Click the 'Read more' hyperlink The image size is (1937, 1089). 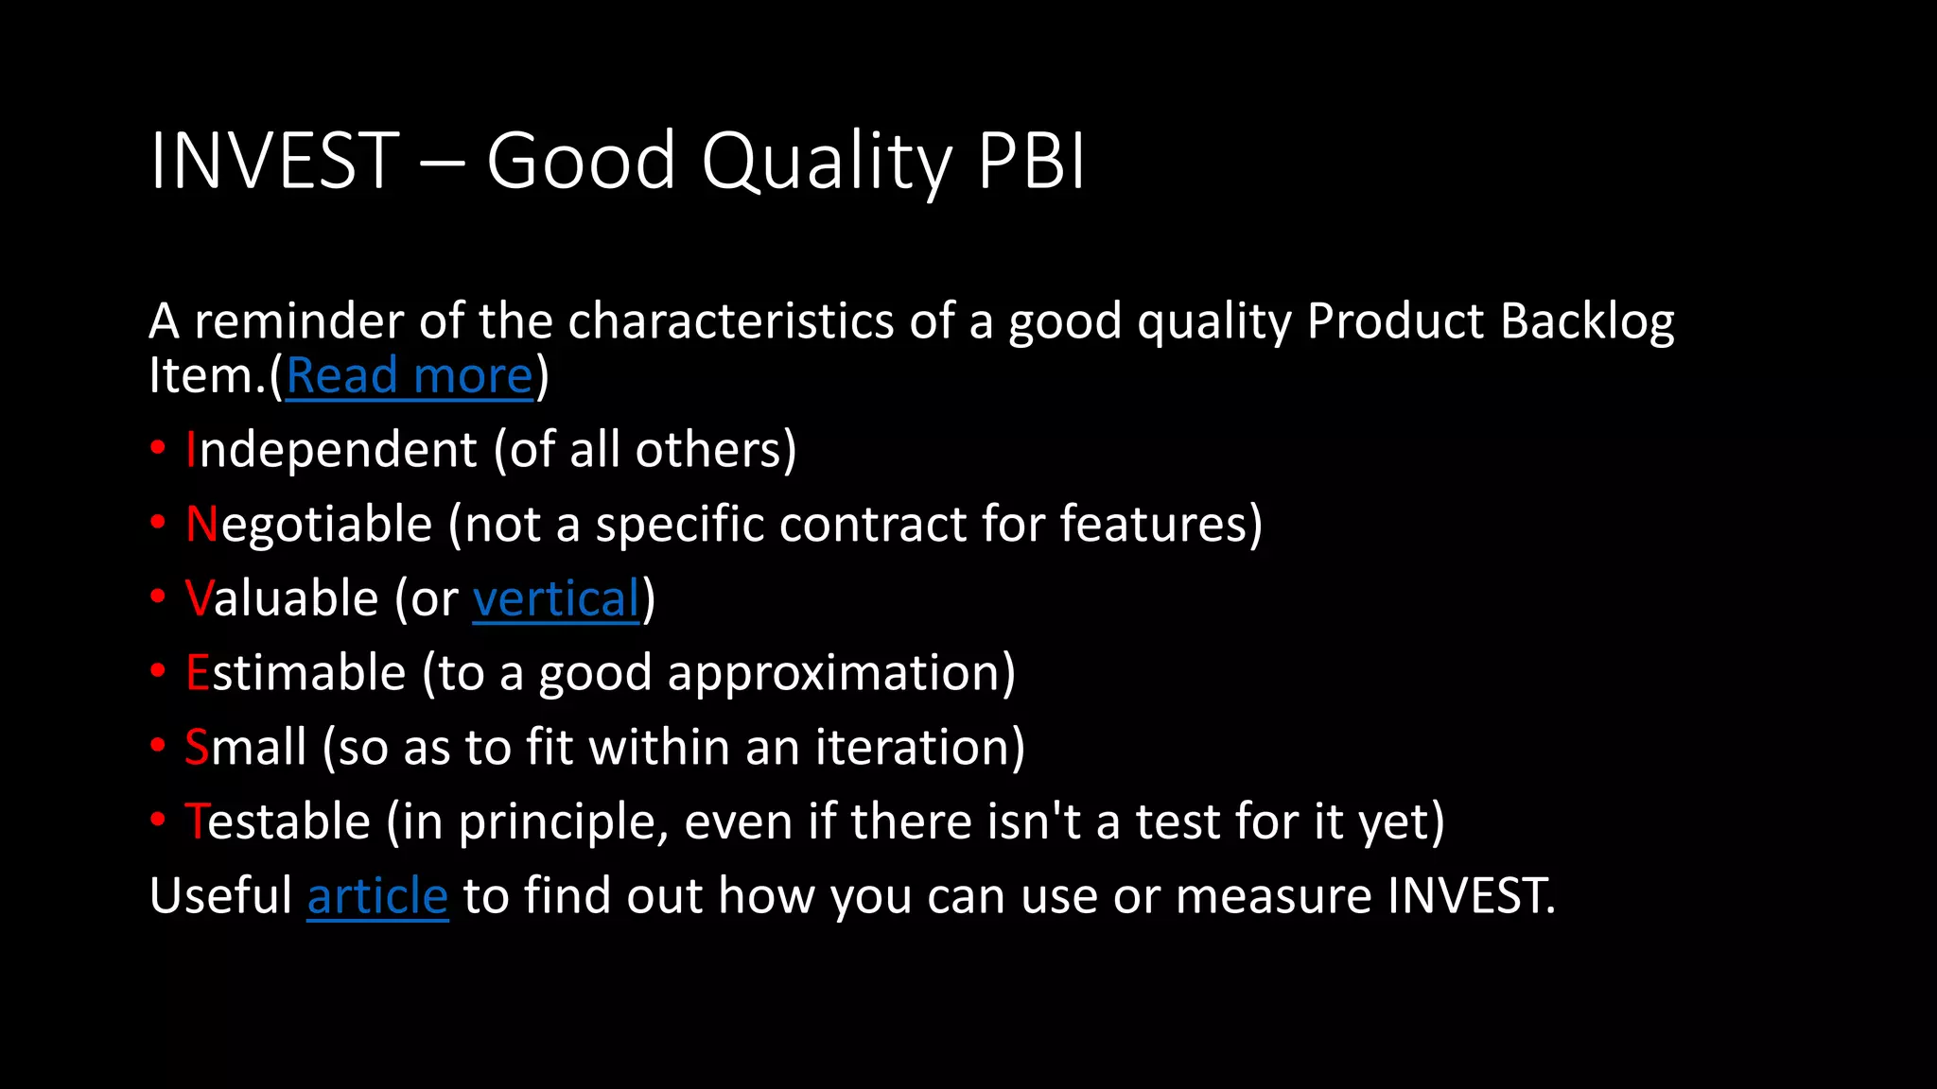click(x=410, y=376)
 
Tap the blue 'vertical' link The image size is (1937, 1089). click(x=556, y=599)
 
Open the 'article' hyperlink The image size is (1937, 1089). click(x=377, y=896)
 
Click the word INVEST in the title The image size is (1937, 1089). click(x=274, y=161)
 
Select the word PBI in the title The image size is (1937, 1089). click(x=1031, y=161)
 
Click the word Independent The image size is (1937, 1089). click(x=331, y=450)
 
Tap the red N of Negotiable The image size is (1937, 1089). click(x=201, y=525)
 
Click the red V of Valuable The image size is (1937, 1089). click(x=199, y=599)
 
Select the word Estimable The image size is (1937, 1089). click(x=295, y=673)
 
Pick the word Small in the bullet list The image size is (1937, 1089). click(x=246, y=748)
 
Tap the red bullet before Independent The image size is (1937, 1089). click(x=158, y=447)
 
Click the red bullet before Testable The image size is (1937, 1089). click(x=158, y=820)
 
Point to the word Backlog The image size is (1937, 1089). click(x=1587, y=322)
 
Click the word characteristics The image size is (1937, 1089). click(x=730, y=321)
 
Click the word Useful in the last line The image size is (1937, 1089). click(x=220, y=896)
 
